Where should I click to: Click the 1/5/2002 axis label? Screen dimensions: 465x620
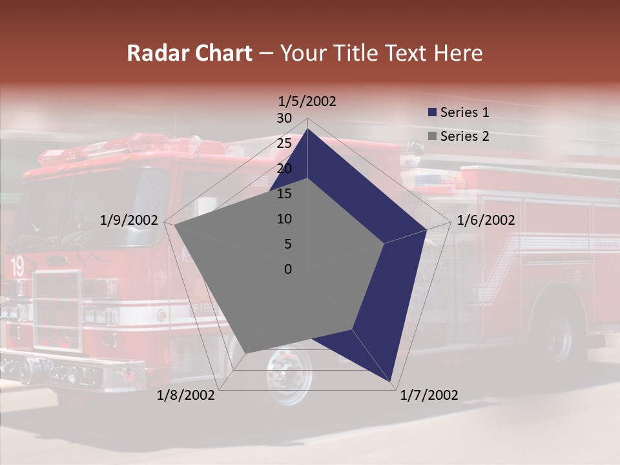(x=307, y=101)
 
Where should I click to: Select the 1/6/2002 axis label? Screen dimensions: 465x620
(x=486, y=220)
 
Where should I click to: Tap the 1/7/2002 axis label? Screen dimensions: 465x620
(x=429, y=395)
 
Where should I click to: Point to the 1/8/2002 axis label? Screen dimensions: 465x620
(x=186, y=395)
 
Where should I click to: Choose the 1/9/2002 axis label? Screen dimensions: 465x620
(x=129, y=220)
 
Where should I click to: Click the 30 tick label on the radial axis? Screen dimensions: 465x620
(x=284, y=118)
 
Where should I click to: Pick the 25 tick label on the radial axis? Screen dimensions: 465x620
(x=284, y=143)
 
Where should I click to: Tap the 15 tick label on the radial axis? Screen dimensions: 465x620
(x=284, y=194)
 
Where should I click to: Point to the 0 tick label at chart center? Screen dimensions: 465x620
(x=288, y=269)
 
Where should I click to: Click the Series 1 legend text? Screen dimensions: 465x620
(x=464, y=112)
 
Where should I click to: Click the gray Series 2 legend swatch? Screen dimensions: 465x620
(x=432, y=136)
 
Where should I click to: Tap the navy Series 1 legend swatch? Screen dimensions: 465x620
(x=432, y=112)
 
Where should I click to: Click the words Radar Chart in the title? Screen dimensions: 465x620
(x=189, y=53)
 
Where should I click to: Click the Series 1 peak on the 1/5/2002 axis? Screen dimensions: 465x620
(x=307, y=129)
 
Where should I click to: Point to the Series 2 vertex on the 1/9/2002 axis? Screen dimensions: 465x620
(x=175, y=225)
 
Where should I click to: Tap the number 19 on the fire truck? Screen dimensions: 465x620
(x=17, y=266)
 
